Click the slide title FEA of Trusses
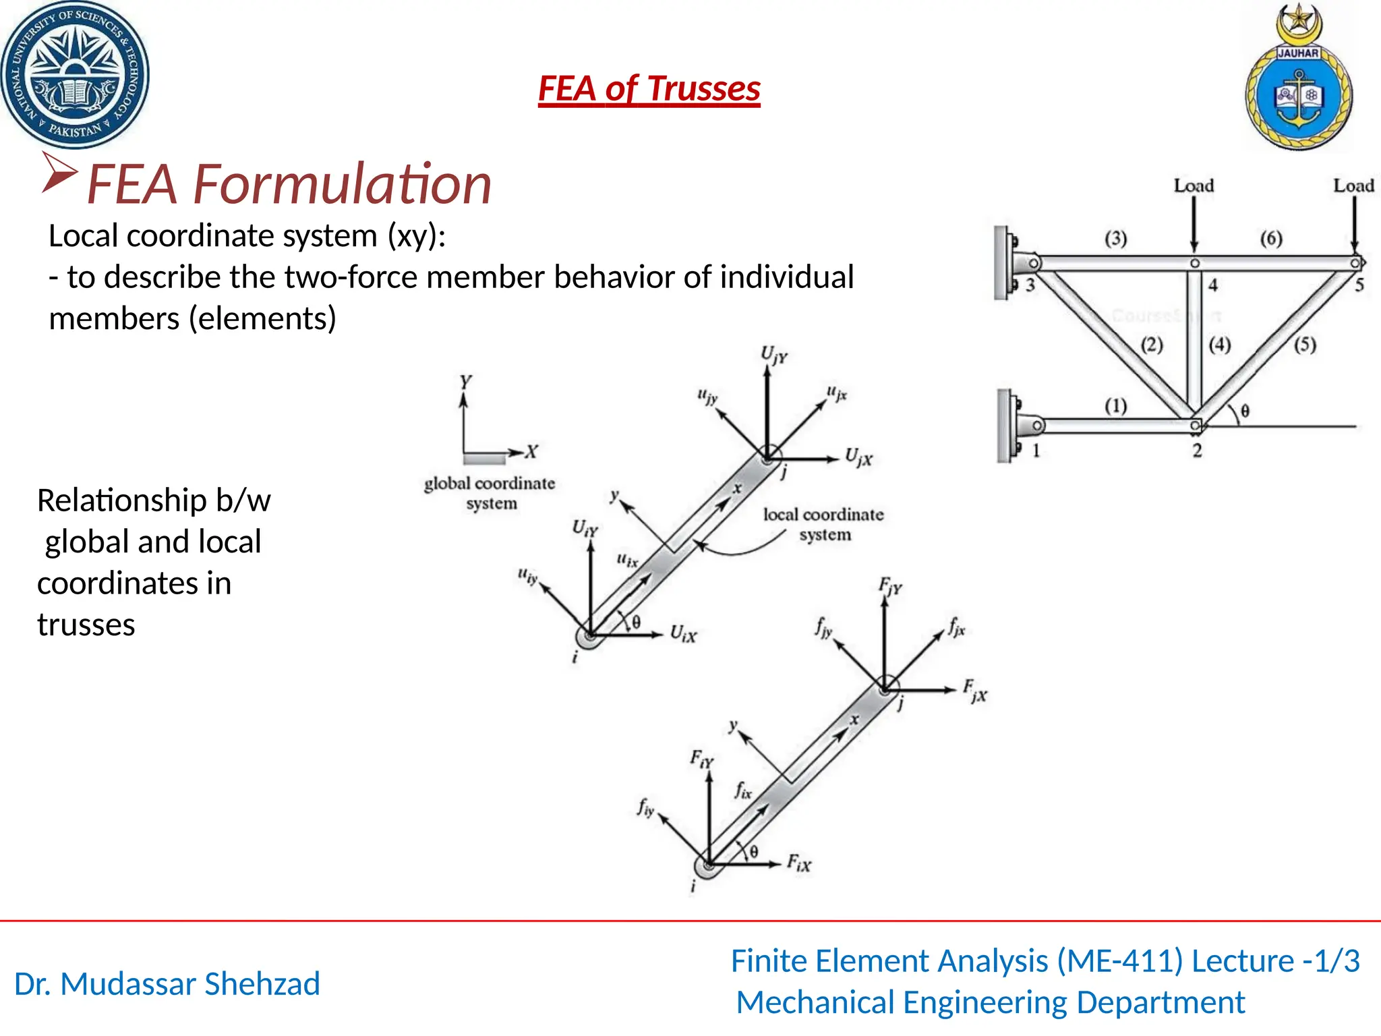click(x=649, y=89)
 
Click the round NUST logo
click(x=74, y=74)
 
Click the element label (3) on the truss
click(x=1115, y=238)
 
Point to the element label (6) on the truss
click(x=1271, y=238)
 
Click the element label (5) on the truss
click(x=1305, y=345)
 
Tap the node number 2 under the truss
click(x=1197, y=451)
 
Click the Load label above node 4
click(x=1194, y=185)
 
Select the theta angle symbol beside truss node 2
click(x=1245, y=410)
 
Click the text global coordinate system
click(x=490, y=493)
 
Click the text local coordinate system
click(x=823, y=524)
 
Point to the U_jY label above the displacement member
click(x=773, y=355)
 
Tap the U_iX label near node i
click(x=683, y=633)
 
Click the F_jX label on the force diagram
click(x=974, y=691)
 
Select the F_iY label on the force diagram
click(x=701, y=759)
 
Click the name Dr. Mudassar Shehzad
click(x=167, y=984)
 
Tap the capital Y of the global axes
click(x=465, y=382)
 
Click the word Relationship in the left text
click(x=121, y=500)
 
